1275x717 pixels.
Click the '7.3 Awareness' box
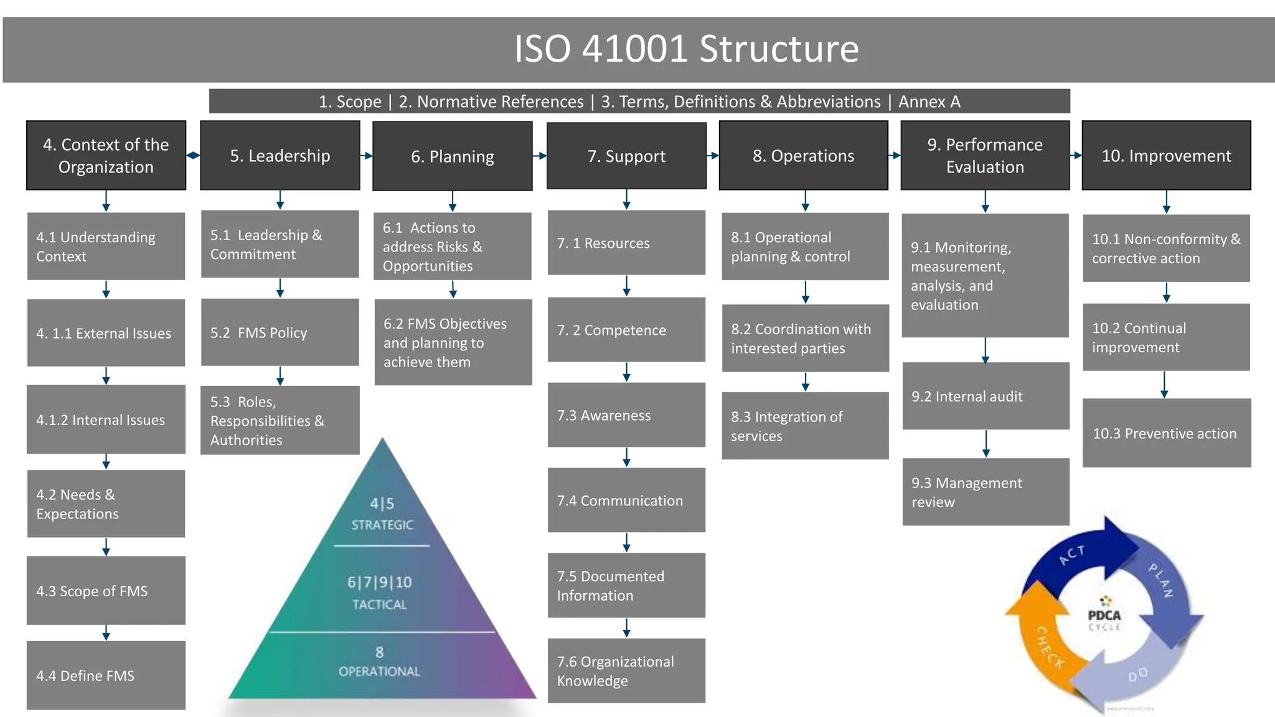626,415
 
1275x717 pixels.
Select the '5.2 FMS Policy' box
280,332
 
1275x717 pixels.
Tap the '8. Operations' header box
803,156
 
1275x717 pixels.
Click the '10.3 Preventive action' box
1166,433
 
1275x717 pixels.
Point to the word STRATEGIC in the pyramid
382,525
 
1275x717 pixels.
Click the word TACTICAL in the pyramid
379,604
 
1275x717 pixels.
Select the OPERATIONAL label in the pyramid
379,671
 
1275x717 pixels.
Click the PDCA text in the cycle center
1104,615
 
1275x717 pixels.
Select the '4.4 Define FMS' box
106,675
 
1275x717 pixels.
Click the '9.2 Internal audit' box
986,396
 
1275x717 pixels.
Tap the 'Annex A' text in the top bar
929,101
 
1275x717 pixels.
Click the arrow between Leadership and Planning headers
366,156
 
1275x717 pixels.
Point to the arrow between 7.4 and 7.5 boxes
626,542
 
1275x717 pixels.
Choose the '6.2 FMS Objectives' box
453,342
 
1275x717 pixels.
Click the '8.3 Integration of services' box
804,426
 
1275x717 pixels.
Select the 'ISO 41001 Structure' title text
686,49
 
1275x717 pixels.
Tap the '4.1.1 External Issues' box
106,333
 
